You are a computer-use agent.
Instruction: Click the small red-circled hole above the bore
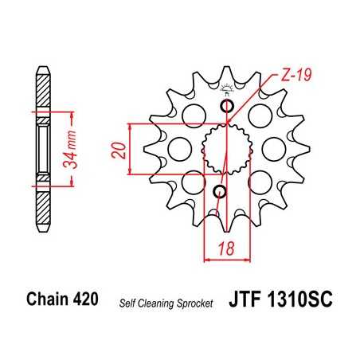pyautogui.click(x=229, y=107)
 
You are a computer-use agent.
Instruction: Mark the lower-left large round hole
pyautogui.click(x=192, y=182)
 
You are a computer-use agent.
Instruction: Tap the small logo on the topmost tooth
pyautogui.click(x=229, y=88)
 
